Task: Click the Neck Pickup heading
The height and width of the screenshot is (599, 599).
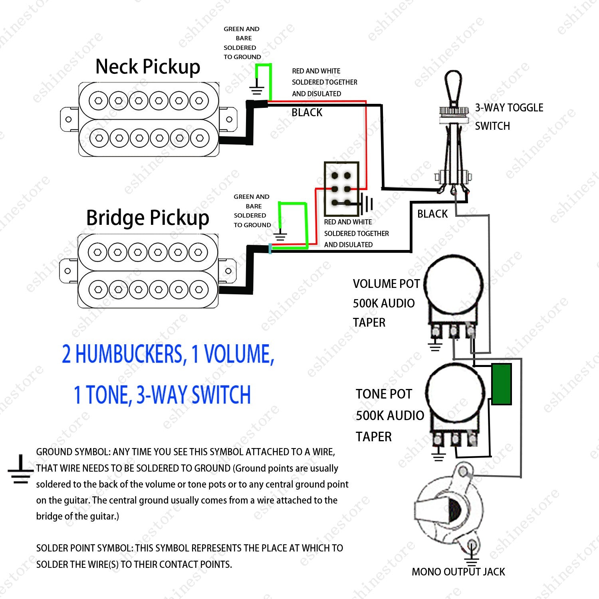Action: tap(148, 67)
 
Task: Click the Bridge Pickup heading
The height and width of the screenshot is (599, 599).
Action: tap(148, 218)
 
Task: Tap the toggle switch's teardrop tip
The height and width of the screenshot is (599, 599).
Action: tap(454, 86)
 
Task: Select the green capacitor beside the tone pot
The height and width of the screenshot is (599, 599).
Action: tap(502, 384)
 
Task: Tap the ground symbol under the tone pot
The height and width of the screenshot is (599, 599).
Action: tap(438, 455)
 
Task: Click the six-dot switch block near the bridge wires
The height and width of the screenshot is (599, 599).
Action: tap(341, 189)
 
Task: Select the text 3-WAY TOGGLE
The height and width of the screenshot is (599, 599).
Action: tap(509, 108)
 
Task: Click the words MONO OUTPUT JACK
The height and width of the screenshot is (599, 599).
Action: tap(458, 572)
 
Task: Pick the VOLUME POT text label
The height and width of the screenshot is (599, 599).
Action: tap(386, 284)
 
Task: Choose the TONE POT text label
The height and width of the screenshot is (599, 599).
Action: tap(384, 394)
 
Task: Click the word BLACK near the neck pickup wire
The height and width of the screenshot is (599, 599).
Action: tap(307, 113)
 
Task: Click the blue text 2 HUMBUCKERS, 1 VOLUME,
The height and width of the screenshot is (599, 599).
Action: tap(168, 354)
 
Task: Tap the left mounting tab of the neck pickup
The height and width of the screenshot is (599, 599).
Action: tap(69, 119)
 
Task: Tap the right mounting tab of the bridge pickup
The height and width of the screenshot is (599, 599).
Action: tap(228, 271)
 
